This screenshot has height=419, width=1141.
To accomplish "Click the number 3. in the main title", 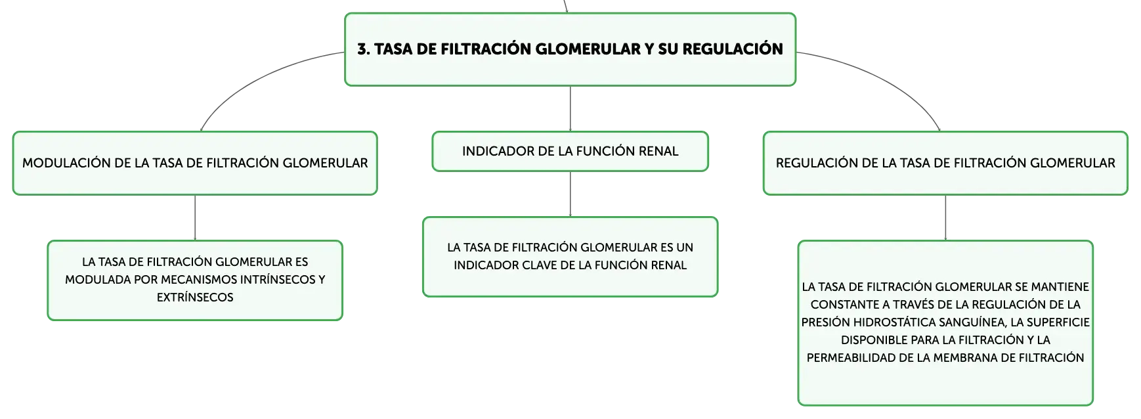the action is click(364, 49).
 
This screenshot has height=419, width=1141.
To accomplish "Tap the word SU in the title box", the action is click(668, 49).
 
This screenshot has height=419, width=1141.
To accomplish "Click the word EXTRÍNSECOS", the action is click(195, 298).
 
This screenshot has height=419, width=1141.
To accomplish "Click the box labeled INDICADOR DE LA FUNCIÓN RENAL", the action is click(570, 152).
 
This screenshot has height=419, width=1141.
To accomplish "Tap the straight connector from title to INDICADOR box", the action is click(570, 109).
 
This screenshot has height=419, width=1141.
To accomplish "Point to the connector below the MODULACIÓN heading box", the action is click(195, 218).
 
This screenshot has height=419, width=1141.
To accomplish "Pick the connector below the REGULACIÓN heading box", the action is click(945, 218).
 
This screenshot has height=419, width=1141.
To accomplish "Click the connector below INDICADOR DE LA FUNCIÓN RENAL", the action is click(570, 194).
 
